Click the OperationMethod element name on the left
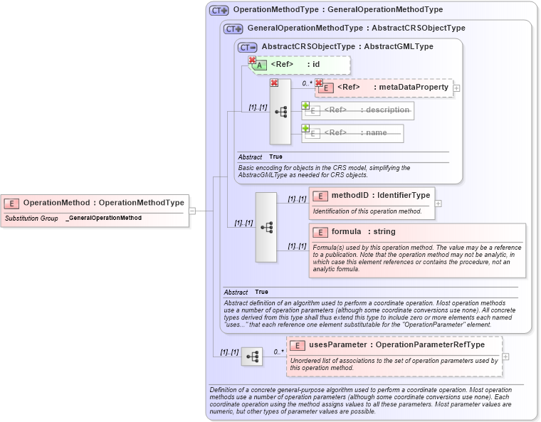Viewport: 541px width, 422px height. [58, 203]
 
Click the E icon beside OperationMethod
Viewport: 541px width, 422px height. [13, 203]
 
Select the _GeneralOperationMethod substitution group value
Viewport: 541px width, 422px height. [103, 218]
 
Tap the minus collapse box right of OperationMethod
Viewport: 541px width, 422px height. [192, 211]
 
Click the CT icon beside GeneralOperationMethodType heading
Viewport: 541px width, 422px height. [233, 28]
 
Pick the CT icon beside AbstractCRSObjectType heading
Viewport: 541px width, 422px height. [248, 46]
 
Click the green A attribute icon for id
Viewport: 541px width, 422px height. [260, 65]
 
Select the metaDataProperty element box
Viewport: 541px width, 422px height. [384, 88]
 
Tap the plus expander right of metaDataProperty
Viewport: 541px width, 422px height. [456, 88]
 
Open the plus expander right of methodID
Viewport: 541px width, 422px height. [438, 204]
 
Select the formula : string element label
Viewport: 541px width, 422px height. [363, 232]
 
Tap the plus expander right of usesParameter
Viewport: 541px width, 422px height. [505, 357]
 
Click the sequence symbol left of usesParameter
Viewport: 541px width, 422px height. [251, 357]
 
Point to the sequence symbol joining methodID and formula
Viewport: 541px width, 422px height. [266, 227]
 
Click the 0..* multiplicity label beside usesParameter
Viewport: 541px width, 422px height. [278, 352]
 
